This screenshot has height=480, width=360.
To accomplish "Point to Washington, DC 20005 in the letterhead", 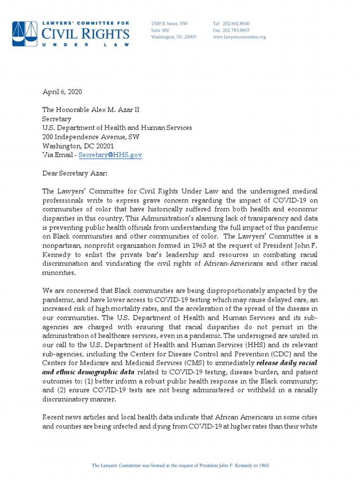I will [173, 37].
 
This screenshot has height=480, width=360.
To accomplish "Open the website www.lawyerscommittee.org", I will [239, 37].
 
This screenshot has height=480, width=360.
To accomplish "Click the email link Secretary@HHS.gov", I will [110, 155].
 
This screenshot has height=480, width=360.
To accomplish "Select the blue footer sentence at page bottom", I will [180, 465].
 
